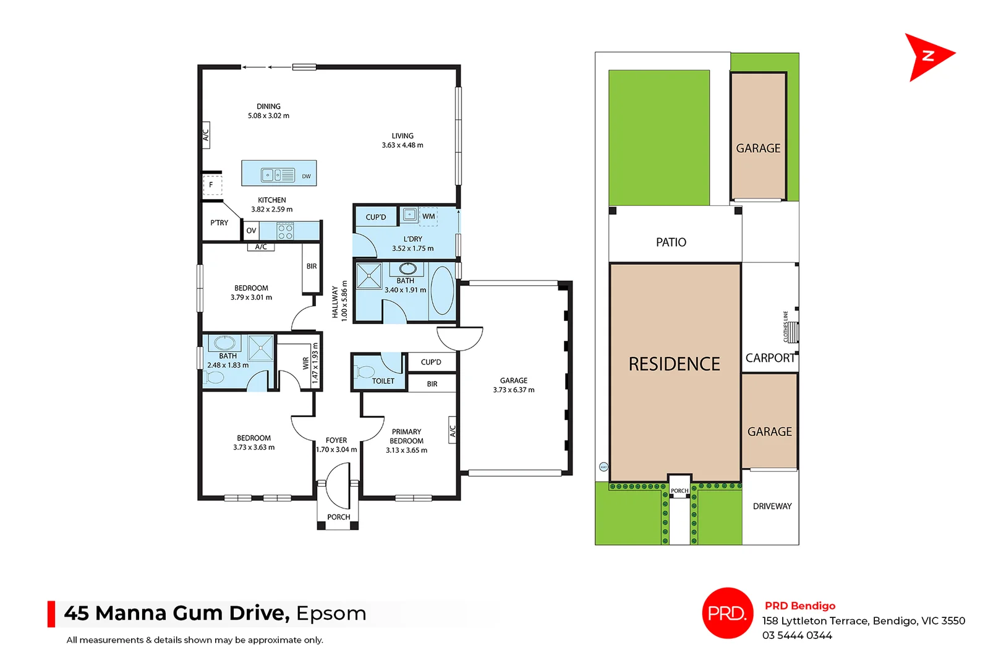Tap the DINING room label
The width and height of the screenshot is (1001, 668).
(268, 106)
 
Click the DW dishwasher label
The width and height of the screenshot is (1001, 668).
(306, 176)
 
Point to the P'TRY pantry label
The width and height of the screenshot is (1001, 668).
(219, 223)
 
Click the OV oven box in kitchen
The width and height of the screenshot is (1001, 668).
(251, 231)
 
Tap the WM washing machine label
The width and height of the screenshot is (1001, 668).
(428, 216)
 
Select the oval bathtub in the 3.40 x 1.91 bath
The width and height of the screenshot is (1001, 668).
(442, 290)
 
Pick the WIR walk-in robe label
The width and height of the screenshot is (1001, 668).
(305, 363)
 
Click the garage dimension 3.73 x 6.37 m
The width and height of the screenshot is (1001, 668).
(513, 390)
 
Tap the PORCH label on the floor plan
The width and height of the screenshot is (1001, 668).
(338, 517)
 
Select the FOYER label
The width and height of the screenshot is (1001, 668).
(336, 440)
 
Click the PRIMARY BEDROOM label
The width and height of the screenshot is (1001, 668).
(406, 436)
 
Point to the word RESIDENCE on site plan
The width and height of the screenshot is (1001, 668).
(674, 364)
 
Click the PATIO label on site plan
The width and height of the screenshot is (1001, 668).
(671, 242)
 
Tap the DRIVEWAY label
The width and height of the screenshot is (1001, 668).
(772, 506)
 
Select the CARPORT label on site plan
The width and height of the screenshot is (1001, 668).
(770, 358)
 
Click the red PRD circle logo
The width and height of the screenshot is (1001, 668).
(727, 613)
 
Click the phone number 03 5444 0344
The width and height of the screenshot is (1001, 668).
(796, 635)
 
